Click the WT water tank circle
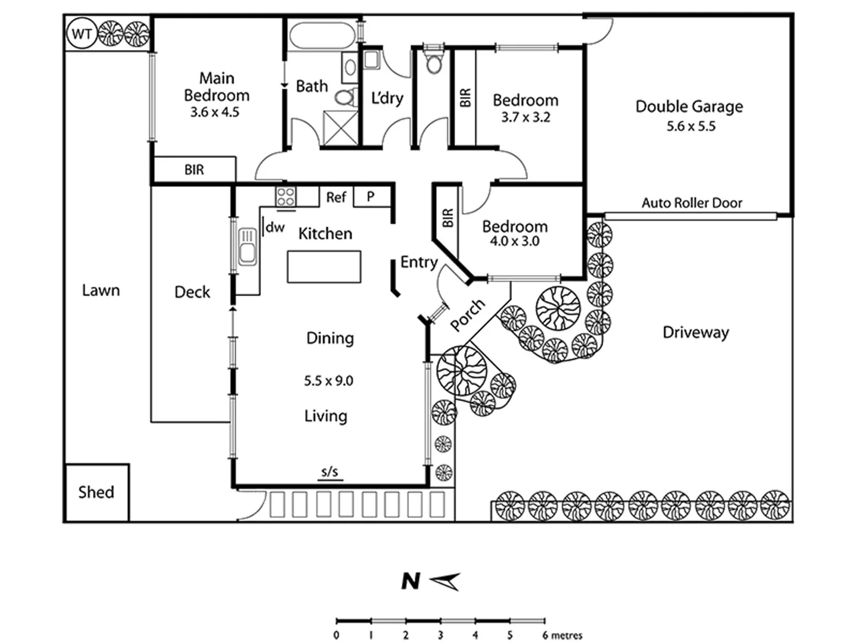pos(81,34)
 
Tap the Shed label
pos(96,492)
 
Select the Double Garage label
pos(689,107)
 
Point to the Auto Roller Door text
pos(692,203)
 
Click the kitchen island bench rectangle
pos(324,267)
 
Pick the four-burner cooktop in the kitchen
pos(285,196)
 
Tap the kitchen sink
pos(247,247)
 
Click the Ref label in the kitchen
pos(336,197)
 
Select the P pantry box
pos(371,196)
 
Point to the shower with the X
pos(340,127)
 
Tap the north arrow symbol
pos(444,581)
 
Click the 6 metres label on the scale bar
pos(562,635)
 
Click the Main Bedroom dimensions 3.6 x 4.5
pos(214,113)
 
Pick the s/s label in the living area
pos(329,472)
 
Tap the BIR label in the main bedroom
pos(194,170)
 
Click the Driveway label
pos(695,332)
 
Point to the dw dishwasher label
pos(275,227)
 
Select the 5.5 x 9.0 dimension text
pos(328,381)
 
